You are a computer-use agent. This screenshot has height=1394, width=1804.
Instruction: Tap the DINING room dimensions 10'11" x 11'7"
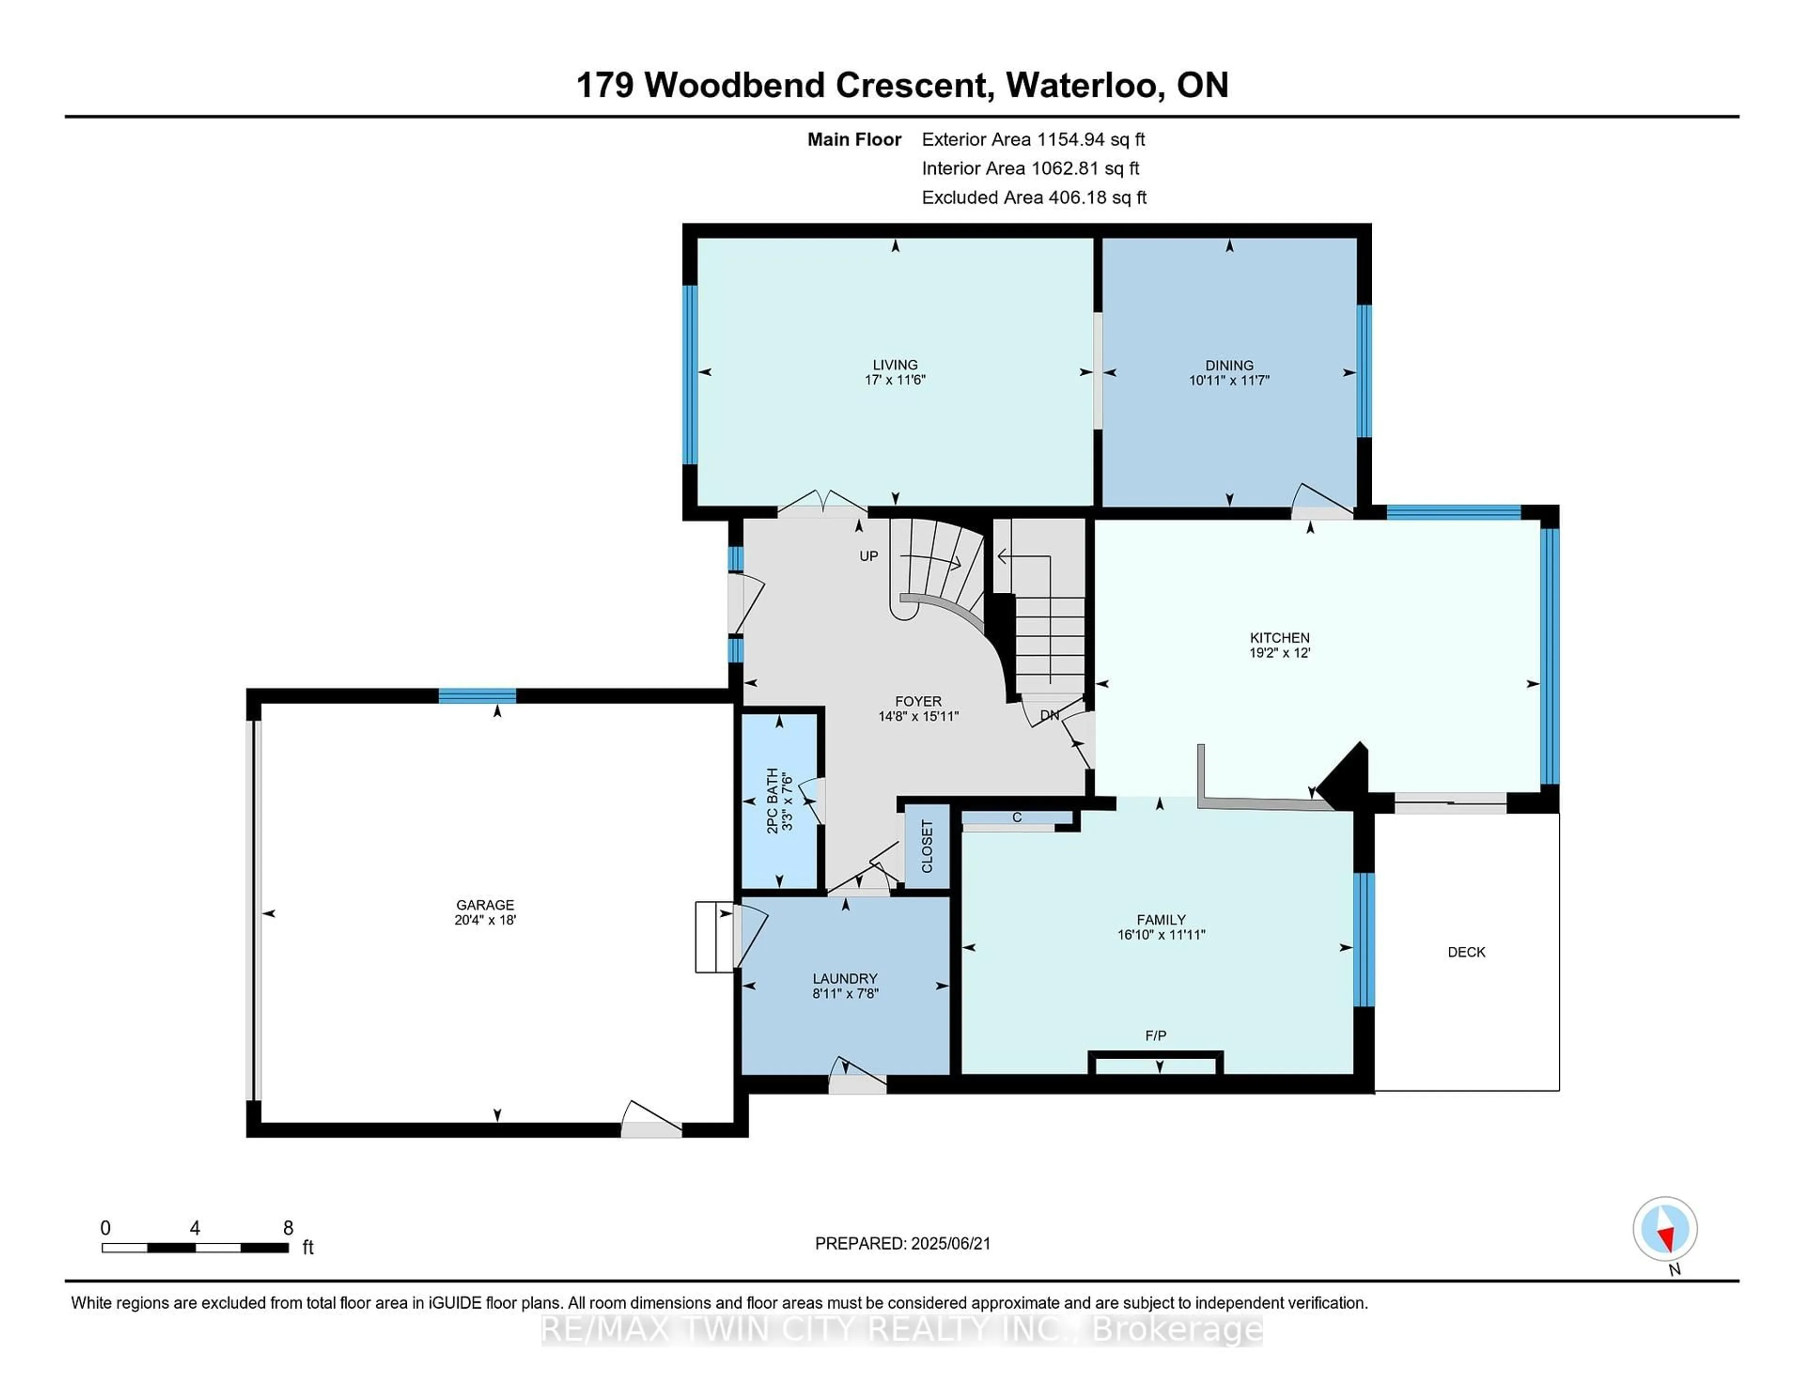[x=1229, y=380]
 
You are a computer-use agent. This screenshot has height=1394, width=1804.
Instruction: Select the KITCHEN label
[x=1280, y=637]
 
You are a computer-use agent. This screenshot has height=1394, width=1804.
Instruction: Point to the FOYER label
[x=918, y=701]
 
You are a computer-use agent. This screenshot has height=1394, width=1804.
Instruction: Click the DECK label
[x=1466, y=952]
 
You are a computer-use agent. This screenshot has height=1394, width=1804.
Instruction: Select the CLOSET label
[x=927, y=846]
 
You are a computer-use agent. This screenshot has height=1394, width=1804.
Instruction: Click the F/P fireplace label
[x=1156, y=1036]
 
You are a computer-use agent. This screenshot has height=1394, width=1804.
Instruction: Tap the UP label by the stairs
[x=868, y=556]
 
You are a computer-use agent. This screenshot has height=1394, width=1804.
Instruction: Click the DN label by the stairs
[x=1049, y=715]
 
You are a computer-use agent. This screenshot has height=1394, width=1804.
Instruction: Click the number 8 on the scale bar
[x=288, y=1228]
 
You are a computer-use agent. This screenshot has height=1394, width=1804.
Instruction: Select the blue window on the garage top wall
[x=477, y=696]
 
